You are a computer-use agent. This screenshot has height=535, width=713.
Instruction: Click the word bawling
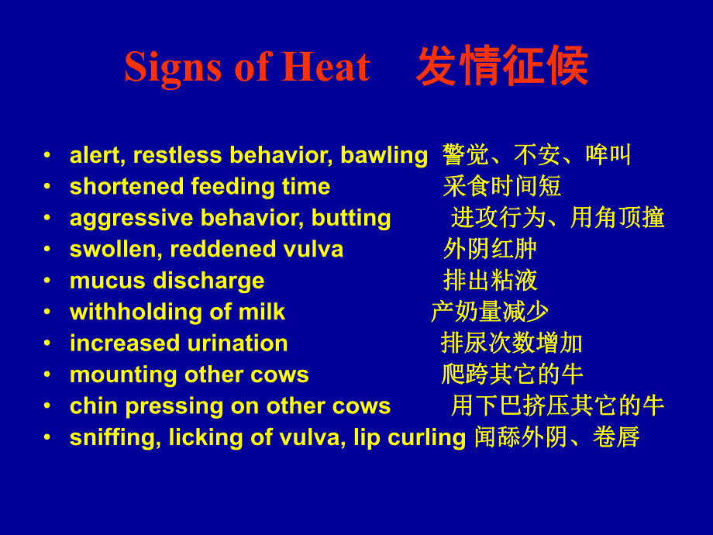coord(384,156)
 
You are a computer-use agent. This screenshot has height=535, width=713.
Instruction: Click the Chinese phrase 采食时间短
coord(502,187)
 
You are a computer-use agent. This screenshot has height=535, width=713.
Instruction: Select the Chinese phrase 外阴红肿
coord(490,250)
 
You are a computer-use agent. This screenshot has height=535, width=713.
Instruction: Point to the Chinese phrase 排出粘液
coord(490,281)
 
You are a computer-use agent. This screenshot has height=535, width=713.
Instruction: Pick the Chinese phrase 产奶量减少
coord(490,312)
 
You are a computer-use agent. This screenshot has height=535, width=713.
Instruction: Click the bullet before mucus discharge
coord(49,281)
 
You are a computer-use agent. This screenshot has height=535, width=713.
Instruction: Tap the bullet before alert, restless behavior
coord(49,156)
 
